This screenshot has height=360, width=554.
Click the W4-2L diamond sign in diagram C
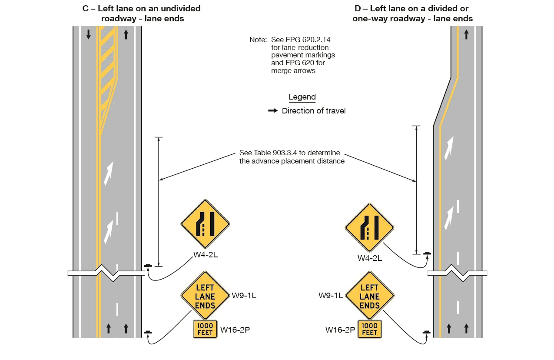pos(205,224)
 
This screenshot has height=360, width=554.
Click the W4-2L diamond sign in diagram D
pos(369,227)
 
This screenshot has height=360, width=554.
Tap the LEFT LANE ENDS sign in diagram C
pos(205,296)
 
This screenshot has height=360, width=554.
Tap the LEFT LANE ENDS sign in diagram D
pos(369,296)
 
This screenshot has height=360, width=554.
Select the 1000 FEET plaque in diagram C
pos(205,329)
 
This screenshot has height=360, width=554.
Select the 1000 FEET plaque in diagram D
pos(369,329)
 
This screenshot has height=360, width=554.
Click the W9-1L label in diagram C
pos(244,296)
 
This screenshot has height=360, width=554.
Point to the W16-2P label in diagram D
pos(340,330)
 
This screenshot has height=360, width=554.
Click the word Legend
pos(302,97)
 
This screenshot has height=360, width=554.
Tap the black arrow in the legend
pos(273,111)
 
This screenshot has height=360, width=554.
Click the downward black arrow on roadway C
pos(89,35)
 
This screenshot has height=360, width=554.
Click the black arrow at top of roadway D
pos(467,34)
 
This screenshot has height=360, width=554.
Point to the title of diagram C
pos(142,13)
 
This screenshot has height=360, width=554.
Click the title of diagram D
pos(412,13)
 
